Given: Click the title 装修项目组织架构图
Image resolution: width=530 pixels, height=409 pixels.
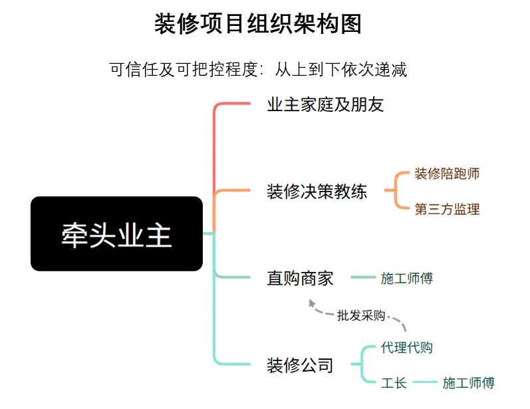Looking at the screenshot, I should click(x=258, y=25).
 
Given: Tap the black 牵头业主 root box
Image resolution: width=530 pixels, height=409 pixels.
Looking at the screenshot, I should click(x=116, y=233).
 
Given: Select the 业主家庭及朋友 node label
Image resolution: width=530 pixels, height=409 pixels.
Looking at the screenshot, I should click(x=325, y=105).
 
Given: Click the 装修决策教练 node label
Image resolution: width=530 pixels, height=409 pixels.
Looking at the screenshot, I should click(x=317, y=192).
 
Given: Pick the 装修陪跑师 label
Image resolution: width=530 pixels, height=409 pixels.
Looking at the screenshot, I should click(x=447, y=174).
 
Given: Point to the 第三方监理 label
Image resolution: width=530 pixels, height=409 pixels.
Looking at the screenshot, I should click(x=447, y=209).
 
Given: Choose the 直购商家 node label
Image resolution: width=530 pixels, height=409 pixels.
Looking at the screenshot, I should click(x=300, y=278).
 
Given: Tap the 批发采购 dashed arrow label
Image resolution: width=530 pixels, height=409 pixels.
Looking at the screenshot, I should click(x=361, y=315).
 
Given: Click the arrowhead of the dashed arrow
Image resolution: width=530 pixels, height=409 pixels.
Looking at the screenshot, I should click(x=313, y=303).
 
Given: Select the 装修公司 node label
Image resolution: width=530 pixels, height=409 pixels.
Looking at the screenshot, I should click(x=300, y=365).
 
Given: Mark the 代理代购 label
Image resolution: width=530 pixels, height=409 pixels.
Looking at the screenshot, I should click(x=407, y=347).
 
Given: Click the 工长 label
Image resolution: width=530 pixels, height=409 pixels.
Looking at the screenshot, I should click(x=394, y=383).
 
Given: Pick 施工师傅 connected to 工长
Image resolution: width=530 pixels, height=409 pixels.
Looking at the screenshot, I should click(x=468, y=383).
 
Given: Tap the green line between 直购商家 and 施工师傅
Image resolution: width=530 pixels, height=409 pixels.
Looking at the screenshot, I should click(x=362, y=278).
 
